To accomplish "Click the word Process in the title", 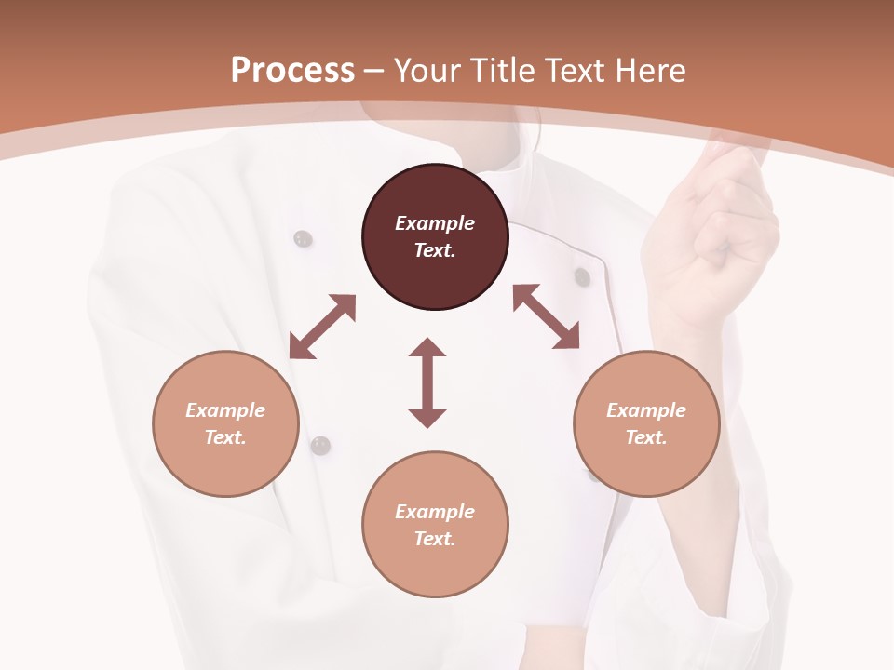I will pyautogui.click(x=292, y=70).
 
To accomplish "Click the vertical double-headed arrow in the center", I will pyautogui.click(x=427, y=382).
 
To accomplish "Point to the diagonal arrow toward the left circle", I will pyautogui.click(x=322, y=327).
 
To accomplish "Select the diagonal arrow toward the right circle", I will pyautogui.click(x=546, y=316).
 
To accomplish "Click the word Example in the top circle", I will pyautogui.click(x=435, y=223).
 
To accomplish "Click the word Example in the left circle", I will pyautogui.click(x=225, y=410).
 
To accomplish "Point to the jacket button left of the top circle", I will pyautogui.click(x=303, y=239).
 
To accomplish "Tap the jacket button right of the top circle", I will pyautogui.click(x=582, y=276).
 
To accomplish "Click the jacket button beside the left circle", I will pyautogui.click(x=320, y=446).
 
